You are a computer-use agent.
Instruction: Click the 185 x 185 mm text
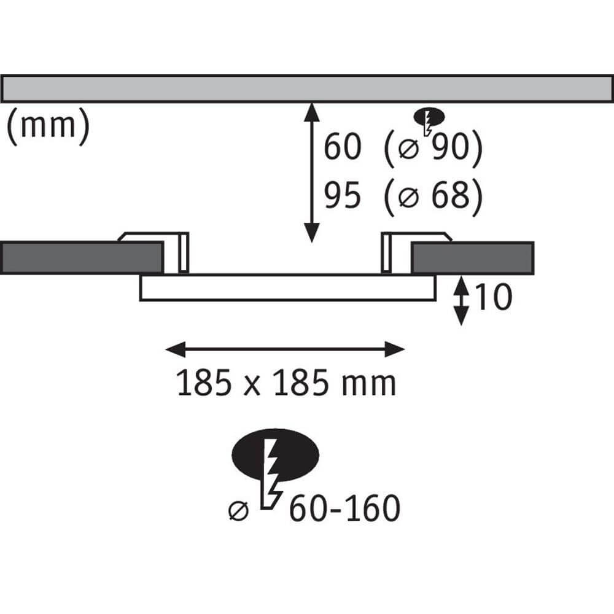click(x=286, y=384)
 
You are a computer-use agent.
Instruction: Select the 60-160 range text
click(x=344, y=509)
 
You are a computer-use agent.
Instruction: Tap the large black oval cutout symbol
click(x=275, y=455)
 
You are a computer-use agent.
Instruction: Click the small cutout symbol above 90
click(x=429, y=119)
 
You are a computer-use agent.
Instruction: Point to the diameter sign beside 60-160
click(x=239, y=511)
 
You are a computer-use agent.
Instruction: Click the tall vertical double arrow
click(x=312, y=173)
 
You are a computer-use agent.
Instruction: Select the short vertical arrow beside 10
click(x=460, y=301)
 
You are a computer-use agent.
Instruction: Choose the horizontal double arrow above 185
click(x=286, y=350)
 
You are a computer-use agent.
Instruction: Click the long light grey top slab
click(x=307, y=88)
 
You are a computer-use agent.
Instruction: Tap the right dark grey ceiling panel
click(x=472, y=257)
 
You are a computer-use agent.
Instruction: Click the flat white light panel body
click(x=287, y=288)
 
